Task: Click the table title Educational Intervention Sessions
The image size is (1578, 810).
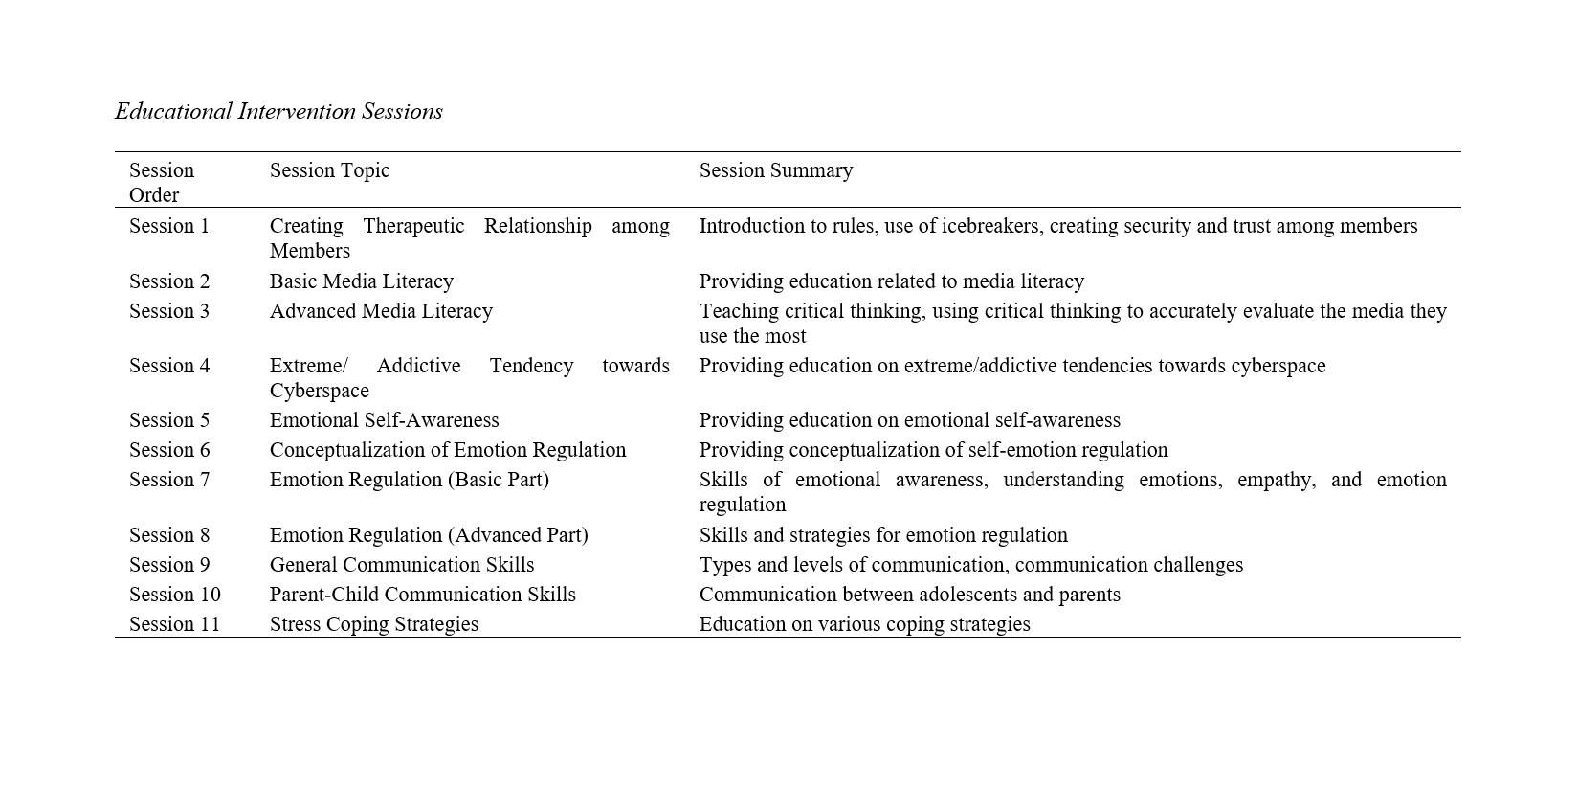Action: [278, 112]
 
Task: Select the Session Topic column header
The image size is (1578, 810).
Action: [329, 170]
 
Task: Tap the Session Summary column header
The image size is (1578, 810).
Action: [775, 170]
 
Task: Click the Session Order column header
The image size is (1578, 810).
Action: [161, 182]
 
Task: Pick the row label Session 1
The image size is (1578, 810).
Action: [168, 226]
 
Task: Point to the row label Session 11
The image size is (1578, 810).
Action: [174, 624]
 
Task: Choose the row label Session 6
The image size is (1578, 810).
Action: [168, 450]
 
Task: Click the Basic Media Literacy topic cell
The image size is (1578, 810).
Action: [361, 281]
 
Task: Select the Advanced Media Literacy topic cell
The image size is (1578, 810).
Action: [381, 311]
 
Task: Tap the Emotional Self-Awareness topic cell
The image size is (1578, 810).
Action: [384, 420]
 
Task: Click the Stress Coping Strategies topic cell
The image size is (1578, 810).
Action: [373, 624]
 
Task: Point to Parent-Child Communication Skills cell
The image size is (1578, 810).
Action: [422, 595]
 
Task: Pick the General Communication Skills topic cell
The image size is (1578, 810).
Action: [401, 565]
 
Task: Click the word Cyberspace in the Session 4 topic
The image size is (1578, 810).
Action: [319, 391]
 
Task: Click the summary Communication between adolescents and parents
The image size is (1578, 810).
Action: [909, 595]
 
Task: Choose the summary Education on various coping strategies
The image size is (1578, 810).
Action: [864, 624]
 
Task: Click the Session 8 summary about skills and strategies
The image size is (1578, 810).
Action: [882, 535]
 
